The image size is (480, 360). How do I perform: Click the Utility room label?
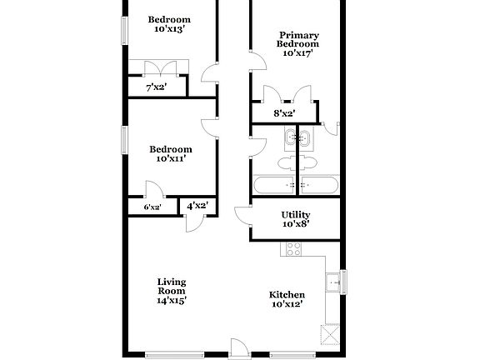click(x=295, y=214)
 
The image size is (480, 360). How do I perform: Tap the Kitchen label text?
click(x=286, y=294)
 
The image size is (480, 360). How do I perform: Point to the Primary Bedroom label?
click(x=297, y=39)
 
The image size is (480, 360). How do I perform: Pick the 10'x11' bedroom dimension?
click(x=170, y=159)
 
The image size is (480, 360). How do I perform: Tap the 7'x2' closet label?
click(x=156, y=87)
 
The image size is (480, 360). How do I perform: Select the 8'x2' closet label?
click(x=284, y=113)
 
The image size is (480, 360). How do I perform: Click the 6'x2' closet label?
click(x=152, y=207)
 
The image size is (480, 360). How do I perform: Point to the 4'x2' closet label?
click(x=197, y=205)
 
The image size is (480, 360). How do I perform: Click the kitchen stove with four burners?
click(x=293, y=248)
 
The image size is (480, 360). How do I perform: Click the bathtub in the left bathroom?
click(x=274, y=184)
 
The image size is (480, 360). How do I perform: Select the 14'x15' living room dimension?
click(x=171, y=300)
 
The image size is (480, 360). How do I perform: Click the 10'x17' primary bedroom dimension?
click(x=297, y=53)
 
